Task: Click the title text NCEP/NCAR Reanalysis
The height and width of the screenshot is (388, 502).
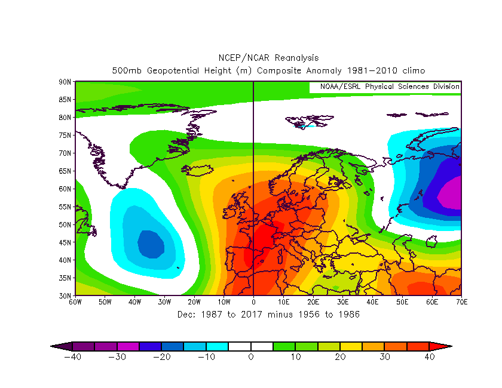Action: pyautogui.click(x=268, y=58)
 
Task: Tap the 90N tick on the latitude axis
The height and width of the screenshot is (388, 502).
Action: pyautogui.click(x=65, y=81)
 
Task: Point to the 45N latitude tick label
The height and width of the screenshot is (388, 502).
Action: pyautogui.click(x=65, y=242)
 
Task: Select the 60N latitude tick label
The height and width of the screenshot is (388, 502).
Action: pyautogui.click(x=65, y=189)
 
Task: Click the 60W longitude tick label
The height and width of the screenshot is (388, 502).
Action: pyautogui.click(x=75, y=302)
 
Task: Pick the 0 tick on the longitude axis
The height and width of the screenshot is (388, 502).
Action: pyautogui.click(x=253, y=302)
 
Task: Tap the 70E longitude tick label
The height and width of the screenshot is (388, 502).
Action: pyautogui.click(x=461, y=302)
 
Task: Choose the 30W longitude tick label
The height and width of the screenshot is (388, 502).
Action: pyautogui.click(x=164, y=302)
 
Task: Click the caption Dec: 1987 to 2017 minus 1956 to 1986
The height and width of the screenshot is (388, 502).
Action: pyautogui.click(x=268, y=314)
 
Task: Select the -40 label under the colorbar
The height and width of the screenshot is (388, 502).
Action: pyautogui.click(x=72, y=357)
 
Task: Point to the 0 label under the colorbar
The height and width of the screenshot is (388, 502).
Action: pyautogui.click(x=251, y=357)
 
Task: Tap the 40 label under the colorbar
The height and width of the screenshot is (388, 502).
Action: pyautogui.click(x=429, y=357)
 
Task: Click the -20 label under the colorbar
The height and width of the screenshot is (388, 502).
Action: pyautogui.click(x=161, y=357)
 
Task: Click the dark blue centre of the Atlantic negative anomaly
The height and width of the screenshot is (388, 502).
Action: pyautogui.click(x=151, y=244)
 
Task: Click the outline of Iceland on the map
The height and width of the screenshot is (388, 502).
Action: pyautogui.click(x=198, y=170)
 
